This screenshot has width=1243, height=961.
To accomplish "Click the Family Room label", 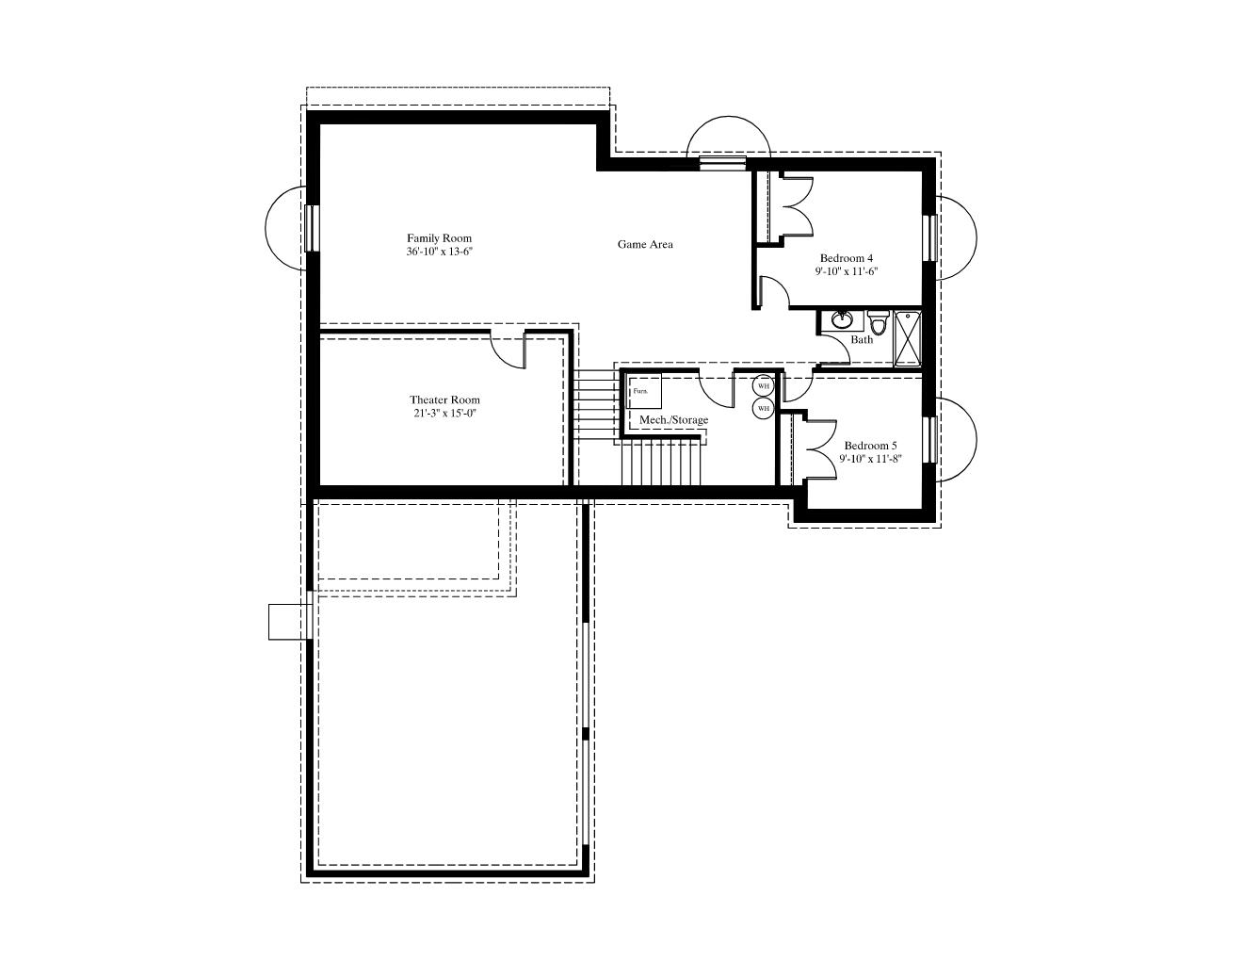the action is (439, 238).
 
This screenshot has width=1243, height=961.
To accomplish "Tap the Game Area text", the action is (645, 244).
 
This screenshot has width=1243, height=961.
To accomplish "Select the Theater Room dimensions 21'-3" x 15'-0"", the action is (445, 414).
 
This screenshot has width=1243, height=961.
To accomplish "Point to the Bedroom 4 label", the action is (847, 258).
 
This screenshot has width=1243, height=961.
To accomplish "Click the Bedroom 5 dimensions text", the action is (871, 459).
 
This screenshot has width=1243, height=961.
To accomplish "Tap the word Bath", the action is (862, 340).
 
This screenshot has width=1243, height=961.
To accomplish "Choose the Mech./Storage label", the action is (673, 420).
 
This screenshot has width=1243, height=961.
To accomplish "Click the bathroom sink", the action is (840, 320).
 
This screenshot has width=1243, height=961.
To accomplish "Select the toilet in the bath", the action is (877, 323).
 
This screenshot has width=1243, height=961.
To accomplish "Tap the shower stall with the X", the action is (907, 339).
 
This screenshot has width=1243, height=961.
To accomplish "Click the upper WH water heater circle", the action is (763, 385).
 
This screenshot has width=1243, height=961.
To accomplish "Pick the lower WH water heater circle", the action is (763, 409).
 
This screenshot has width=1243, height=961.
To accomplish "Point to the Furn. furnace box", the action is (644, 391).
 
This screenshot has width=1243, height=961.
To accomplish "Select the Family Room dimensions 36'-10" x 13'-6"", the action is (440, 252).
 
